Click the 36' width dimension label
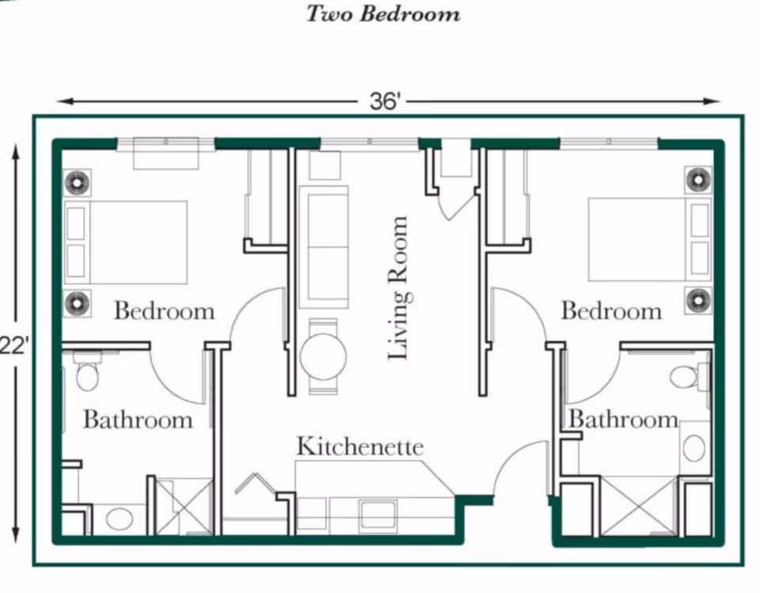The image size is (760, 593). coord(387,102)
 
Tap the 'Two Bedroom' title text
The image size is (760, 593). coord(383,14)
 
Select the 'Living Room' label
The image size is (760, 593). coord(399,288)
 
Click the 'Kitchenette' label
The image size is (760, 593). coord(360,446)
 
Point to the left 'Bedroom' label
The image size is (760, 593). coord(164,310)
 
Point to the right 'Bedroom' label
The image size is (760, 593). coord(611,310)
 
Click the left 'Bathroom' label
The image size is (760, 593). coord(138,419)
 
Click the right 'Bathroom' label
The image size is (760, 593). coord(623,419)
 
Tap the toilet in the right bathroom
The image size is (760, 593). coord(686,376)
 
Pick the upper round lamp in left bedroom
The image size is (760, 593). coord(77,183)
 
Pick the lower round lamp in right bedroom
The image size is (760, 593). coord(698,300)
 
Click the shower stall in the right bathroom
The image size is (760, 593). coord(640,506)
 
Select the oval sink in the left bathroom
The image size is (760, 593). coord(120,519)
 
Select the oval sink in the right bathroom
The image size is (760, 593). coord(694,449)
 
